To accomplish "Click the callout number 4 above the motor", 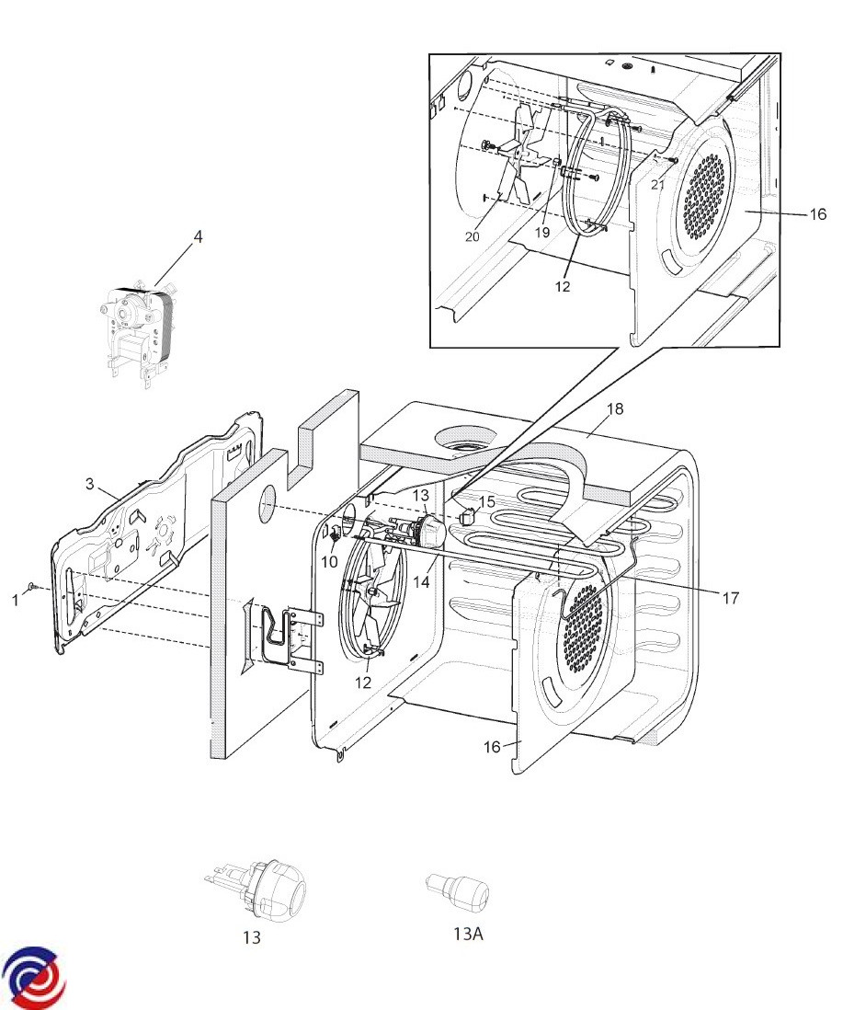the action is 199,237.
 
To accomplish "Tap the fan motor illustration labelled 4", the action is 138,334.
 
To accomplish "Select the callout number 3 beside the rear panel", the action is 89,483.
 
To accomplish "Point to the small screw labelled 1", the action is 33,587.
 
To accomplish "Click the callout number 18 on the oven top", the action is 614,408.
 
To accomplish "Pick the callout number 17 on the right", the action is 730,599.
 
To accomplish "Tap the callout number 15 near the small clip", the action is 487,501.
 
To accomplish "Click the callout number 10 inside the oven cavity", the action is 329,562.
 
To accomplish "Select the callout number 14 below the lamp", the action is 421,581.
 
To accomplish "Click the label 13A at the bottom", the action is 468,934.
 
